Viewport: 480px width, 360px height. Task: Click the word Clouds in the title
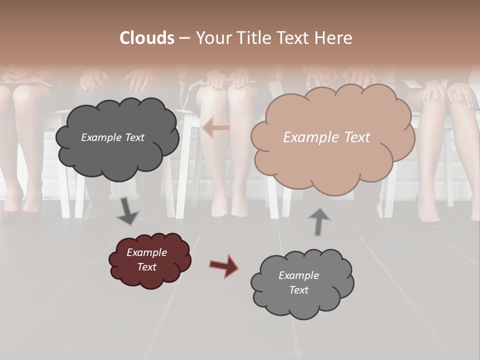[147, 38]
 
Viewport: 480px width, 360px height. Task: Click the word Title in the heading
[252, 38]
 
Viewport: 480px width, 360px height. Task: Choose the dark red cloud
[149, 260]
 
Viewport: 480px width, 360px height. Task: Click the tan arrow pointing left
[216, 128]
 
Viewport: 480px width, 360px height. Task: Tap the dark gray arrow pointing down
[128, 211]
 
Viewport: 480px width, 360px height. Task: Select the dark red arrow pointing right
[224, 265]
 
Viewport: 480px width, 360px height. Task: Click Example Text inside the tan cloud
[326, 137]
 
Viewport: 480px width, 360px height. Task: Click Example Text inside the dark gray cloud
[112, 137]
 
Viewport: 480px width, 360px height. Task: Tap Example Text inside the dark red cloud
[147, 259]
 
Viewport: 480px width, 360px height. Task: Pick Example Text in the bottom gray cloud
[298, 282]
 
